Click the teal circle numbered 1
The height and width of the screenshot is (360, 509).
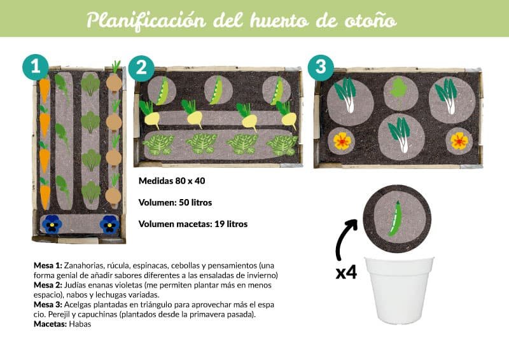click(36, 67)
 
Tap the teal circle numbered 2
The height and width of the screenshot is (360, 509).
click(141, 69)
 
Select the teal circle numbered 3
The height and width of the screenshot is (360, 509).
click(321, 67)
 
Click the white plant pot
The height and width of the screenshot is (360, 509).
click(399, 290)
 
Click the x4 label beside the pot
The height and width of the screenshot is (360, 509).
click(346, 272)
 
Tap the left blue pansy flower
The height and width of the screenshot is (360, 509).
click(52, 225)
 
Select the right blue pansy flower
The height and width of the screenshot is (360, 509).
click(109, 225)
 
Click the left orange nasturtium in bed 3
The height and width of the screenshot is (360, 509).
click(342, 141)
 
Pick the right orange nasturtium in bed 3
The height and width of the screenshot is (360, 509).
click(459, 141)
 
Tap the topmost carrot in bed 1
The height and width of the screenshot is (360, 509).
click(45, 89)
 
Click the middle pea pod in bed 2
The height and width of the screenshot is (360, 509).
click(217, 90)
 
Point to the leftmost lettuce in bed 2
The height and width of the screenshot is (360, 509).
click(159, 145)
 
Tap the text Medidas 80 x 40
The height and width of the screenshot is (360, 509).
click(172, 181)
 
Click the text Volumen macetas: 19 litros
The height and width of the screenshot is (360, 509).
click(193, 224)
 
